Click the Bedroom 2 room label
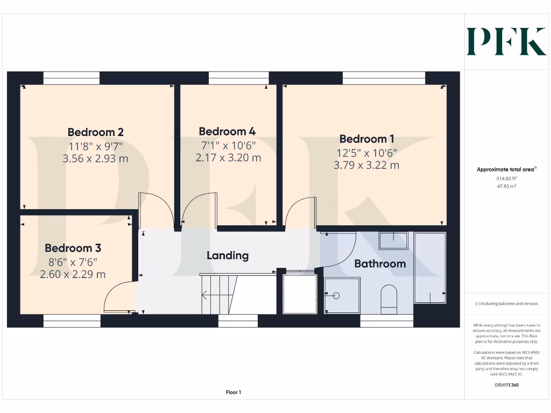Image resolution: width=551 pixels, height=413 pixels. [96, 132]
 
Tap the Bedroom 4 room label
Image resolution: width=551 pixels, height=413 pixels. [227, 132]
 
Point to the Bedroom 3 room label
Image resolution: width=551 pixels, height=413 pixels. [73, 248]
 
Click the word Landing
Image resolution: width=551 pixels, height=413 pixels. [228, 255]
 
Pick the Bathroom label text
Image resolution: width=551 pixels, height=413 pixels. [380, 264]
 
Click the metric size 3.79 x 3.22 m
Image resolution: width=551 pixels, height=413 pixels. [366, 166]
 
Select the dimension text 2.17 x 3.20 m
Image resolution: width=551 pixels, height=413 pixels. [228, 158]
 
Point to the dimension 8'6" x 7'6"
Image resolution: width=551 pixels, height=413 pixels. [73, 262]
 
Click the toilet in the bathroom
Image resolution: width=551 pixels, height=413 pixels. [388, 298]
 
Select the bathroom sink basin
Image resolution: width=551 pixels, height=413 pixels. [393, 240]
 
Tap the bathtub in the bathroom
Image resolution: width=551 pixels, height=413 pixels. [430, 267]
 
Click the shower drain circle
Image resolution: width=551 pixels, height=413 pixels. [336, 295]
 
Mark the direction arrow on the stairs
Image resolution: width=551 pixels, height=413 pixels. [205, 295]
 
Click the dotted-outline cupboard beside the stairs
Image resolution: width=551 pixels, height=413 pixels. [300, 294]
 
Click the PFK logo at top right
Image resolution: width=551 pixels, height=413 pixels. [506, 41]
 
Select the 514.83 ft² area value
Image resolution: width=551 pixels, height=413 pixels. [506, 178]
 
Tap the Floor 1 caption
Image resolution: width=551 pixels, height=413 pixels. [234, 393]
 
